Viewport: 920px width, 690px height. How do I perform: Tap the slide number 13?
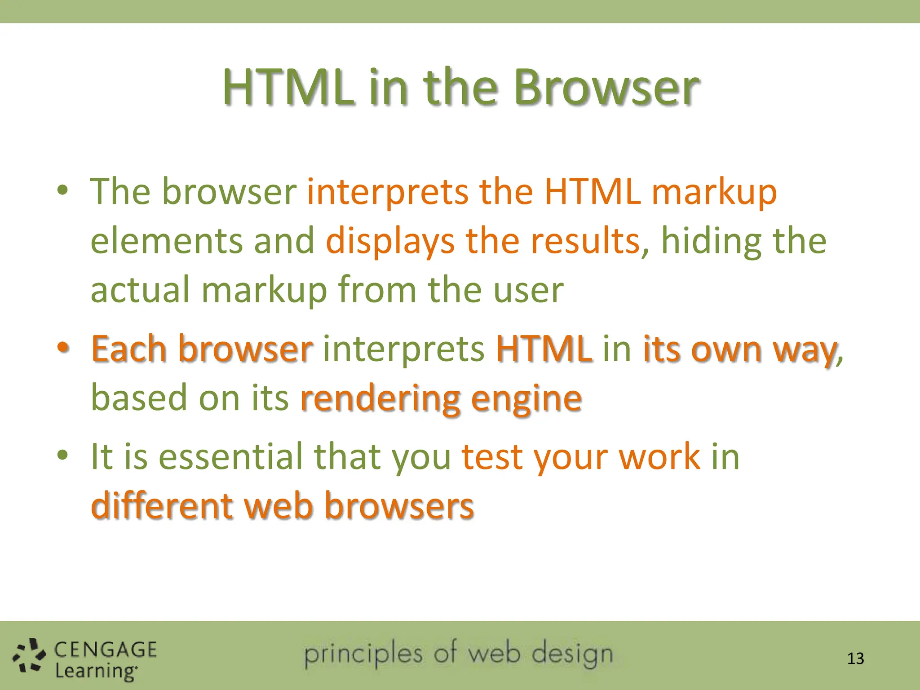(855, 659)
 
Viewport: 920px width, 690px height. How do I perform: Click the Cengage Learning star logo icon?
(29, 656)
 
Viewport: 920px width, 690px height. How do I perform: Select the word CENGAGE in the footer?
(106, 650)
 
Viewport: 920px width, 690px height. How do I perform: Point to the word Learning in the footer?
(95, 672)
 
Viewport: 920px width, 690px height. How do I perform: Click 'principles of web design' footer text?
(458, 654)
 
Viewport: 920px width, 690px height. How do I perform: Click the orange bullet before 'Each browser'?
(63, 347)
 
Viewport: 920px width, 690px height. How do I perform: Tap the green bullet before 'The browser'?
(63, 190)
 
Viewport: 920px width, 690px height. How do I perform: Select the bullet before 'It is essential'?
(63, 455)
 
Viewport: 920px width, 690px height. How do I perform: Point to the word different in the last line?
(162, 506)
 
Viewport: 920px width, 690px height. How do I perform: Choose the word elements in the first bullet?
(167, 241)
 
